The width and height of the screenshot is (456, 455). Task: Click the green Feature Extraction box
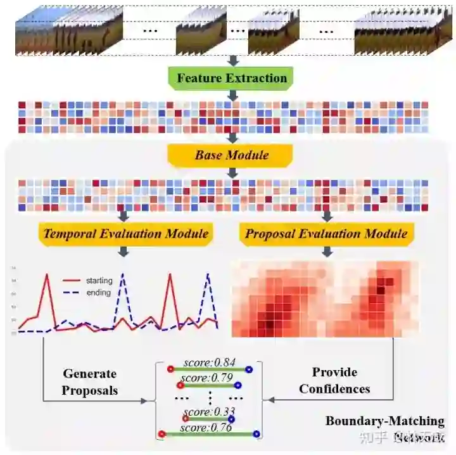click(x=232, y=79)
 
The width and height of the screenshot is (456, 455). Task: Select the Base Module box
click(x=232, y=155)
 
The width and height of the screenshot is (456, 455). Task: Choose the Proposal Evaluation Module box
click(x=326, y=234)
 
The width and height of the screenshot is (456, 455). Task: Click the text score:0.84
click(x=210, y=362)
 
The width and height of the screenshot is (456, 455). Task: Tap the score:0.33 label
click(x=210, y=412)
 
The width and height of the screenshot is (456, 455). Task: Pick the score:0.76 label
click(x=206, y=428)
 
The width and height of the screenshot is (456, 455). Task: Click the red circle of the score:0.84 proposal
click(x=170, y=369)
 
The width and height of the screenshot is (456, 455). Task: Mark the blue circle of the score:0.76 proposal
click(x=256, y=434)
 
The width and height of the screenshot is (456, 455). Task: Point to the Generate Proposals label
click(x=89, y=382)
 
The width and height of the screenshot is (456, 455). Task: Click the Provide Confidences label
click(x=334, y=380)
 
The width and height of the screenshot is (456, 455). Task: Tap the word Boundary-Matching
click(x=384, y=421)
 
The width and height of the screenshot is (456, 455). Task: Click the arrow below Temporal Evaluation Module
click(x=124, y=251)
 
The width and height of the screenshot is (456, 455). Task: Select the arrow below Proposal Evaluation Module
click(x=327, y=251)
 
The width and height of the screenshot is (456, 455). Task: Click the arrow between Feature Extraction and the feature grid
click(x=232, y=94)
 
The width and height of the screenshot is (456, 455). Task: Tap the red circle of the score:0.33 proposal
click(x=186, y=418)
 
